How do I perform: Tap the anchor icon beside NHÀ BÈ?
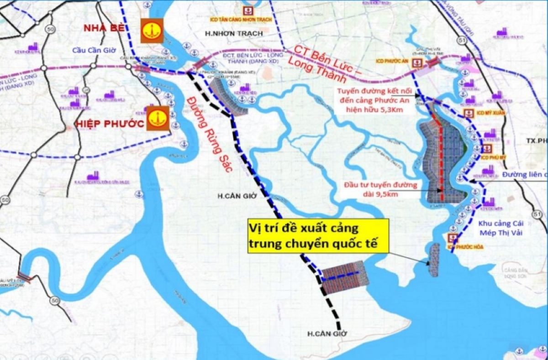coord(152,31)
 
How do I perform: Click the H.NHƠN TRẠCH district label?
coord(233,34)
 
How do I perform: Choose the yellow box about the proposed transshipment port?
coord(317,235)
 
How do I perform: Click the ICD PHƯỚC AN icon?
coord(417,63)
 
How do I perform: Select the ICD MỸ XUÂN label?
coord(480,113)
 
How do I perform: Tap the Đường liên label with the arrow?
coord(524,174)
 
